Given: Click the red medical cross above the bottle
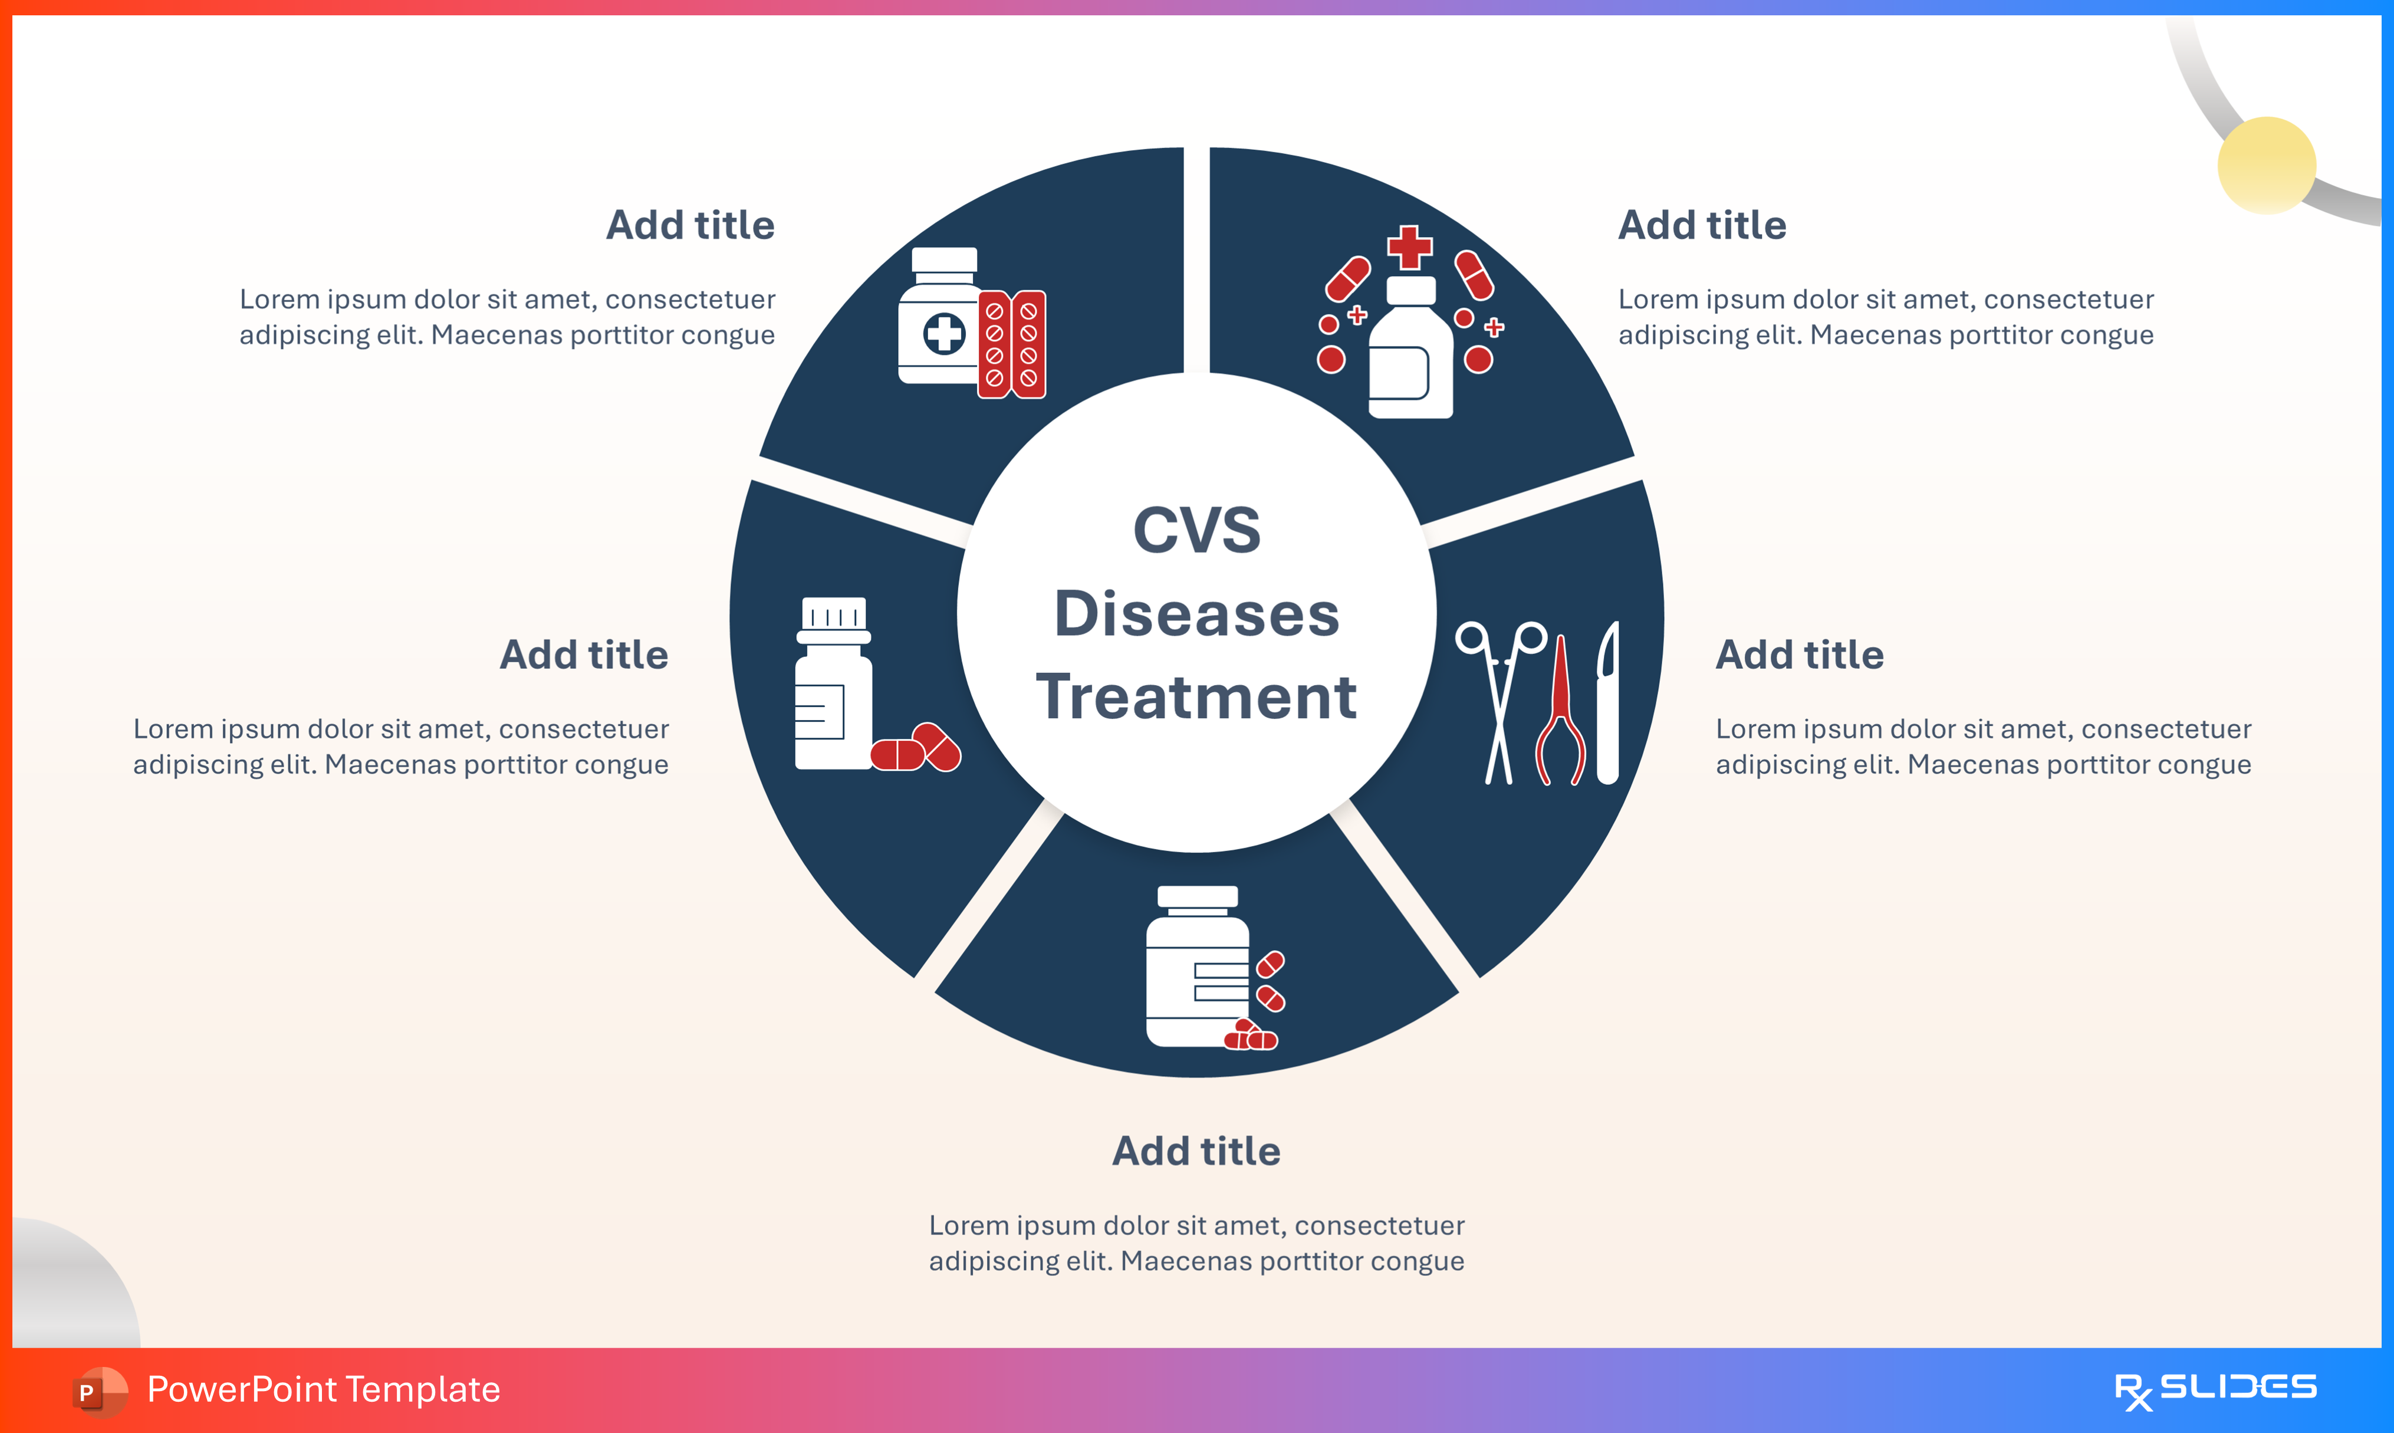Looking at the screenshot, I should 1409,247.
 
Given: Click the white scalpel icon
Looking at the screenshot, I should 1607,703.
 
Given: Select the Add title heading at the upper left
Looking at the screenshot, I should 690,225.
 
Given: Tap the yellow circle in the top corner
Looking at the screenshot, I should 2267,165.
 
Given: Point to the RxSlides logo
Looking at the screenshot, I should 2215,1389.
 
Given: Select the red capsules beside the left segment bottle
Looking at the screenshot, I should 916,748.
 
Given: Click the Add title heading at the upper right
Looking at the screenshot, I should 1702,225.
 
